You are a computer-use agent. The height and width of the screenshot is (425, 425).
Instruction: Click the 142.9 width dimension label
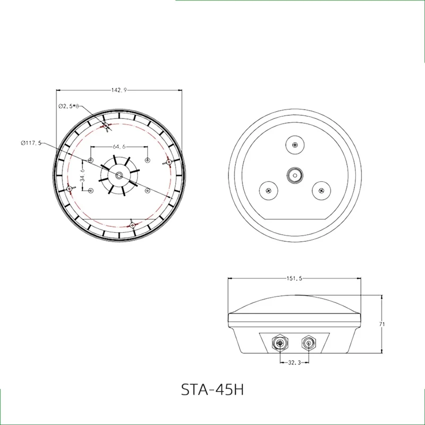(x=118, y=90)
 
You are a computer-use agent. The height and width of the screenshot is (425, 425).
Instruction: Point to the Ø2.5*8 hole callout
(x=68, y=106)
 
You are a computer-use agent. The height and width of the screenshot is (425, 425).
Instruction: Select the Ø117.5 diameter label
(x=31, y=142)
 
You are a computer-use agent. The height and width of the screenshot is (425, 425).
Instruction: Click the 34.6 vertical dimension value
(x=82, y=175)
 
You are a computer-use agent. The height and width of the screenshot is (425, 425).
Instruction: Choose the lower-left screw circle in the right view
(x=268, y=190)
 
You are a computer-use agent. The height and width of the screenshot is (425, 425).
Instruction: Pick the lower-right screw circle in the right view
(x=320, y=190)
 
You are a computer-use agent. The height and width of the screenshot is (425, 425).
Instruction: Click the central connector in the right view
(x=294, y=174)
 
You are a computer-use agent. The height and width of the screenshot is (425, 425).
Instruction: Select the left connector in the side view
(x=280, y=343)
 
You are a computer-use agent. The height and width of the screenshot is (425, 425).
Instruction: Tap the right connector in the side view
(x=308, y=343)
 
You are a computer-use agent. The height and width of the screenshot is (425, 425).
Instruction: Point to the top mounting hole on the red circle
(x=107, y=125)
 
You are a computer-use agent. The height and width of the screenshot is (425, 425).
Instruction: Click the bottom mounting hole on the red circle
(x=133, y=225)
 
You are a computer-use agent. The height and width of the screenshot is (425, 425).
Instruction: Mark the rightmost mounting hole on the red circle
(x=169, y=162)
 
